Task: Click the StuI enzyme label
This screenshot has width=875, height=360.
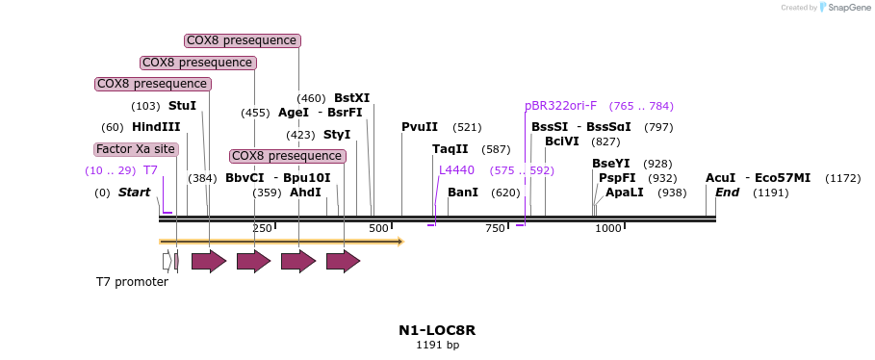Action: tap(182, 106)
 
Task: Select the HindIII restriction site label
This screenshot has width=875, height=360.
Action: tap(156, 127)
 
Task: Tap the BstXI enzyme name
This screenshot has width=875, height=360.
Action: tap(351, 98)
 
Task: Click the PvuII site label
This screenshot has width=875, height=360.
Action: tap(420, 127)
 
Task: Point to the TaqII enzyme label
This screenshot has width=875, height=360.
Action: tap(450, 149)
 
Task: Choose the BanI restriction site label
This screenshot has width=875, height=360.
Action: tap(463, 193)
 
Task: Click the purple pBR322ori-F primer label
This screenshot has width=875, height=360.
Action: tap(560, 106)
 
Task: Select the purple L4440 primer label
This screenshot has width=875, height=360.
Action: tap(456, 170)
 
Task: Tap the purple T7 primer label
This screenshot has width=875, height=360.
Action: tap(150, 170)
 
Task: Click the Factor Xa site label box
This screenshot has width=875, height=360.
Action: tap(136, 149)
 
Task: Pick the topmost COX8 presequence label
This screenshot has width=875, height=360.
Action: tap(242, 40)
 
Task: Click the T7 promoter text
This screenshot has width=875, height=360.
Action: tap(132, 282)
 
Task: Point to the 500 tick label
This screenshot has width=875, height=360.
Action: tap(378, 228)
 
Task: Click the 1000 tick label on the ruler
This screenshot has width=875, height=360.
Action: tap(608, 228)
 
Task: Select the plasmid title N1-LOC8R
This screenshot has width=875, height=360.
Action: tap(437, 330)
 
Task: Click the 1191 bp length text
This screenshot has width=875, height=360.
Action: tap(437, 345)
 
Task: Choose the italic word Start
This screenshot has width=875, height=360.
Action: tap(135, 193)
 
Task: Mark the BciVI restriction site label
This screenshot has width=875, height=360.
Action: tap(562, 141)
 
